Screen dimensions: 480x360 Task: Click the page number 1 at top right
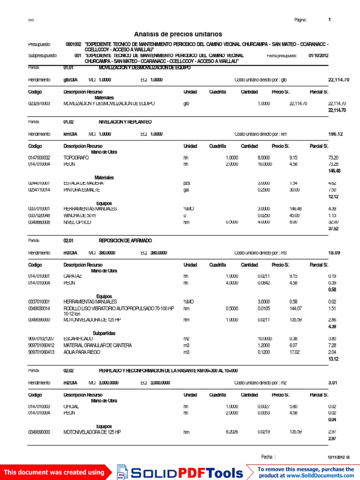coord(330,20)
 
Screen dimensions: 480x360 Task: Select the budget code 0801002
coord(74,44)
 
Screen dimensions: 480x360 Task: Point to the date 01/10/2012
coord(318,55)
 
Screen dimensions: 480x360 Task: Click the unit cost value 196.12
coord(336,134)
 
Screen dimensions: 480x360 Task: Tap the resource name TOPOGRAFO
coord(76,158)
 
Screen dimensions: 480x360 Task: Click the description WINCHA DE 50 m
coord(79,216)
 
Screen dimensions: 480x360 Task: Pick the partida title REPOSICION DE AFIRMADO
coord(125,240)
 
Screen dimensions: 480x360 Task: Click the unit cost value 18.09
coord(334,253)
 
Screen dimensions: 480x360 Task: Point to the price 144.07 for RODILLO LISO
coord(295,308)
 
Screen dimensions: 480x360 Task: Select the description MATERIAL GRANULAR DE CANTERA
coord(97,345)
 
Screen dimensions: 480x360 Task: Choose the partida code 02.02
coord(68,370)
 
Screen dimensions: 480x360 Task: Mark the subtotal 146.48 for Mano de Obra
coord(334,171)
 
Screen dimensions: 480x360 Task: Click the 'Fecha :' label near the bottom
coord(268,457)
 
